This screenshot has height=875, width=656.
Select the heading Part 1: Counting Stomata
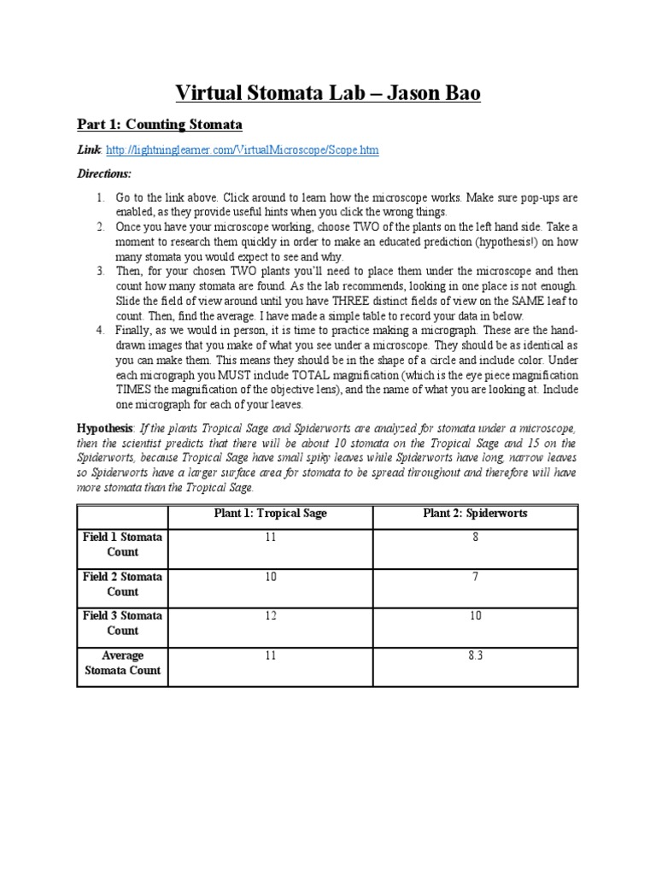pyautogui.click(x=160, y=125)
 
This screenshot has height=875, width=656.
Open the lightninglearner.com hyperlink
pyautogui.click(x=243, y=150)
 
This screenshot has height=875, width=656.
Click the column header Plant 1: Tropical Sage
pyautogui.click(x=270, y=514)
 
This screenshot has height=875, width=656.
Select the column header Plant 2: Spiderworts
pyautogui.click(x=475, y=514)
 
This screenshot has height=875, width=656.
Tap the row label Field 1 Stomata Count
pyautogui.click(x=122, y=544)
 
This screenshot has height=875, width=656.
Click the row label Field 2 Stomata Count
pyautogui.click(x=122, y=584)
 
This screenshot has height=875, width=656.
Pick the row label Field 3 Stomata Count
pyautogui.click(x=122, y=623)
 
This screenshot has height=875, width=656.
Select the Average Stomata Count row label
pyautogui.click(x=122, y=663)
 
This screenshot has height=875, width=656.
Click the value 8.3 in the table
pyautogui.click(x=475, y=655)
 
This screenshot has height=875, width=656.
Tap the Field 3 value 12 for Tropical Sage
pyautogui.click(x=270, y=616)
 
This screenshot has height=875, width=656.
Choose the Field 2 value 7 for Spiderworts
pyautogui.click(x=475, y=577)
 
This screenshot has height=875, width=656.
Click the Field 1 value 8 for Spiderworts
pyautogui.click(x=475, y=537)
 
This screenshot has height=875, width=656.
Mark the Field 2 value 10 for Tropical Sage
pyautogui.click(x=270, y=577)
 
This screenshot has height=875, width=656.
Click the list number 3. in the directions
pyautogui.click(x=100, y=271)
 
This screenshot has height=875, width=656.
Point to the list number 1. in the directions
pyautogui.click(x=100, y=197)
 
